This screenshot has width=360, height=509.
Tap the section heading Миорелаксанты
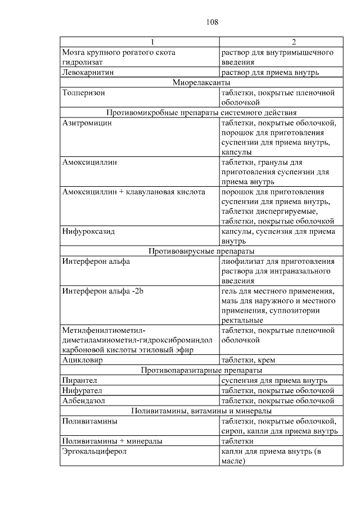202,83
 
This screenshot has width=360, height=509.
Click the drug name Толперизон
84,93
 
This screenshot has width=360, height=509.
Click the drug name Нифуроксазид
88,232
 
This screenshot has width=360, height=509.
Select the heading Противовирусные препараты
201,251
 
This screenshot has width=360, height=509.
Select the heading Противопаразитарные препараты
201,371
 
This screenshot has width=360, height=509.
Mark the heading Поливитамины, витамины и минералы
201,411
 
